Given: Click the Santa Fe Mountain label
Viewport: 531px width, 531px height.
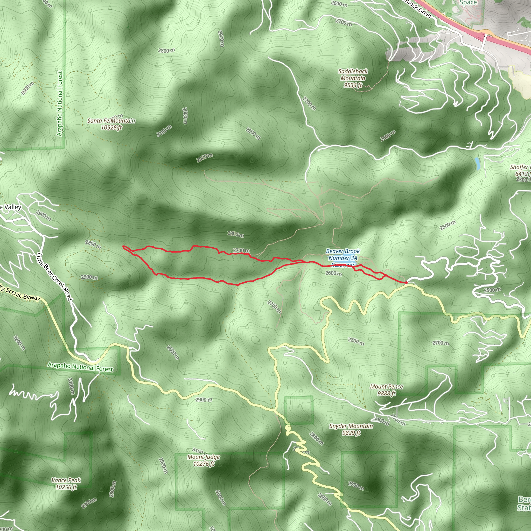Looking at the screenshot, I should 111,121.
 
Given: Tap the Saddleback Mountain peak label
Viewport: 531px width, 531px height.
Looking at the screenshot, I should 353,75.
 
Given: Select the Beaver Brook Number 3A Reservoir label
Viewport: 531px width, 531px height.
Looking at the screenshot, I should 343,258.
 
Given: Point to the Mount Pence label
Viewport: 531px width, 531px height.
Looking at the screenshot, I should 386,386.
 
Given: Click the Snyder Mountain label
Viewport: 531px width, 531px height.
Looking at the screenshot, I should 351,426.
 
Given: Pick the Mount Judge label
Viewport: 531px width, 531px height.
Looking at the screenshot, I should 204,457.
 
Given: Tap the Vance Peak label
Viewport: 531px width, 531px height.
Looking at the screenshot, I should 66,480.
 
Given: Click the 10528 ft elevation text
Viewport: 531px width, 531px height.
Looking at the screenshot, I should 111,128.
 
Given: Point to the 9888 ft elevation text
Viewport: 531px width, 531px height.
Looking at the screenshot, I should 386,393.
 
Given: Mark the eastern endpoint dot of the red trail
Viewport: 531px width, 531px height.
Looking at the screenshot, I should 406,283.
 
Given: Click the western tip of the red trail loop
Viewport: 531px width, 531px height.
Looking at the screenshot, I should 124,247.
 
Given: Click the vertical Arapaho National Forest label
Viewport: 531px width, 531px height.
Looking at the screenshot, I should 60,104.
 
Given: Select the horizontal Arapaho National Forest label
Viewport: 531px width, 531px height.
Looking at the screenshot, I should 80,367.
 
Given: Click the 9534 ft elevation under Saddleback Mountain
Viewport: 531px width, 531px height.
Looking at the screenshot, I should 353,85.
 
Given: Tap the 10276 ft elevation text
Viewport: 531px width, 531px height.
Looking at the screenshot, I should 204,464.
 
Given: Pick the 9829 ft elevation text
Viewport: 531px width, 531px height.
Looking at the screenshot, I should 351,433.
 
